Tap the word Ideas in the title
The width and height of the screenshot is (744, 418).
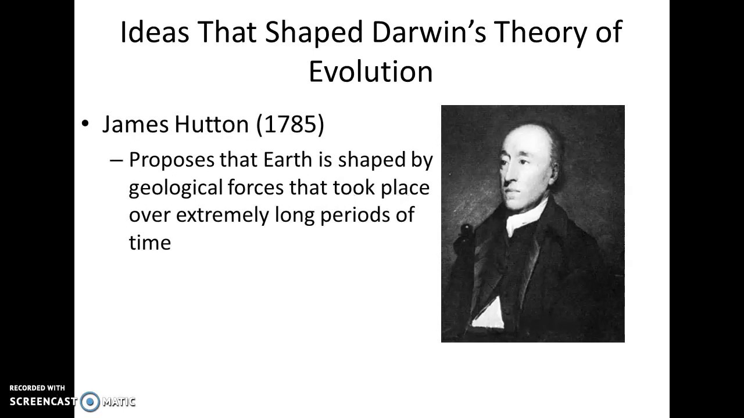155,32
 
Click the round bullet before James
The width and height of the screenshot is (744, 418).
86,124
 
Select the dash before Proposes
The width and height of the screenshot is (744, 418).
117,160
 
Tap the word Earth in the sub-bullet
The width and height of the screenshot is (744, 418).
285,160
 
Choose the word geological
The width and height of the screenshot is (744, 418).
176,188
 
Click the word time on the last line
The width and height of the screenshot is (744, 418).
150,242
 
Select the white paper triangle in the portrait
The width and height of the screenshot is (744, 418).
489,314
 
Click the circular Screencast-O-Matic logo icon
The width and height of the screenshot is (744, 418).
90,401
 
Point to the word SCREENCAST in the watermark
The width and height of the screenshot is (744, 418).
42,401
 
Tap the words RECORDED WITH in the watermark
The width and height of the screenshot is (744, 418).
37,388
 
